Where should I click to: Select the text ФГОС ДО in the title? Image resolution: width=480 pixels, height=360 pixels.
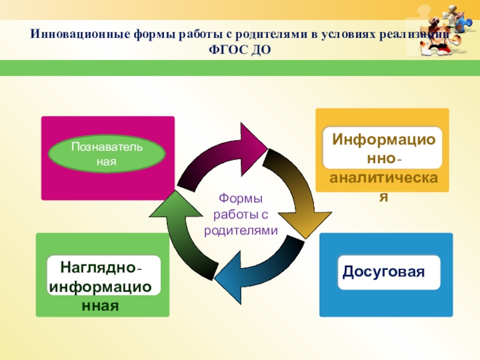239,49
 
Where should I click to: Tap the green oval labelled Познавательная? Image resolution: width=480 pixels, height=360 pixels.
107,154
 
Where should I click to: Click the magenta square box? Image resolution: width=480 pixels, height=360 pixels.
108,183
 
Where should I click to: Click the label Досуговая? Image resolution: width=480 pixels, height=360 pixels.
384,272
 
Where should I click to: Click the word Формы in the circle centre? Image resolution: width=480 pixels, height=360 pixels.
241,199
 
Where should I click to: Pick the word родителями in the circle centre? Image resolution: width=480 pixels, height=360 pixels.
241,230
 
